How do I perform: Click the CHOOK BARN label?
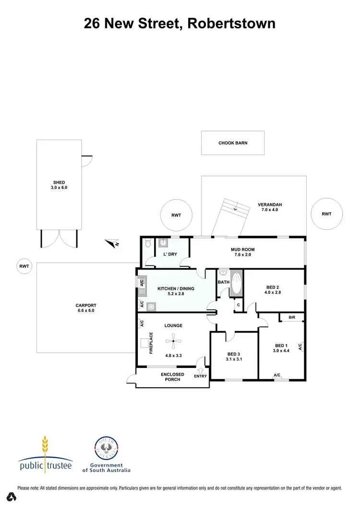[233, 143]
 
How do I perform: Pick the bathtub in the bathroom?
[237, 284]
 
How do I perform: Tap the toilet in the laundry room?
[147, 244]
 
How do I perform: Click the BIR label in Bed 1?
[292, 318]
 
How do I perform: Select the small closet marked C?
[237, 305]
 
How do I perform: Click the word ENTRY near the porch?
[201, 376]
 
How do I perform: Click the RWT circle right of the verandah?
[326, 214]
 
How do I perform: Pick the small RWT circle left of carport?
[24, 265]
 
